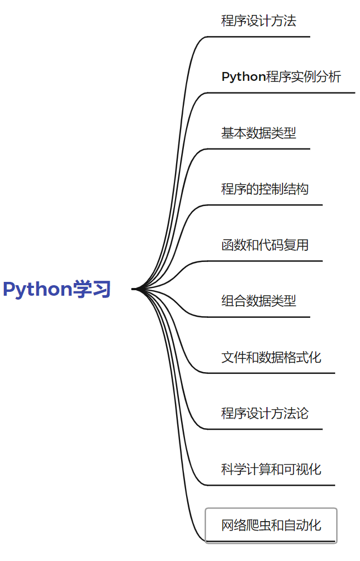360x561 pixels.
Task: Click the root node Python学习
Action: [x=57, y=289]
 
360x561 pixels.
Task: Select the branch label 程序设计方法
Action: [x=259, y=21]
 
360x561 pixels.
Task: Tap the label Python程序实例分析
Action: [x=281, y=77]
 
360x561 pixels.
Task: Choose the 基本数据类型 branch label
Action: [x=259, y=133]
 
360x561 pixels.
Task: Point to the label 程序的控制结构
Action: [x=265, y=189]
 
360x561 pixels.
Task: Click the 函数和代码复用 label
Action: [x=265, y=245]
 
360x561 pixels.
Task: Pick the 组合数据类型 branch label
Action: [x=259, y=301]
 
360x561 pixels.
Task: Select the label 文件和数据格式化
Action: [x=271, y=357]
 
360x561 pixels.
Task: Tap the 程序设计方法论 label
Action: [x=265, y=413]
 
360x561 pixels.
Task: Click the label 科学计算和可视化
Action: [x=271, y=469]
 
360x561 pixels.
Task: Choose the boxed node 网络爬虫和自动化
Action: [x=271, y=525]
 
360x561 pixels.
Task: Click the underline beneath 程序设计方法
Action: [x=259, y=37]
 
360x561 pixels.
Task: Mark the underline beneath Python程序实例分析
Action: [x=281, y=92]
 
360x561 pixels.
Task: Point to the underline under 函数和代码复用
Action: [x=265, y=261]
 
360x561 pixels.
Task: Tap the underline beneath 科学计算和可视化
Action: [x=271, y=485]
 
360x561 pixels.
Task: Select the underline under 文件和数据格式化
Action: [x=271, y=373]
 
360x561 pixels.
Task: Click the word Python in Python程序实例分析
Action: [x=243, y=77]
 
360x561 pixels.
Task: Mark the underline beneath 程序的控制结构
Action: [x=265, y=205]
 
